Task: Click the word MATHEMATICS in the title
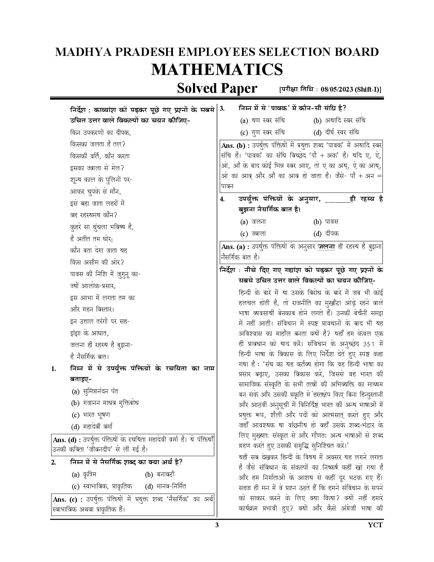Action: point(217,69)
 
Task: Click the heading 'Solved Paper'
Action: point(217,89)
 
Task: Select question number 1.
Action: point(53,369)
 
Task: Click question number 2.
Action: point(53,463)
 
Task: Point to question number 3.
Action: point(222,109)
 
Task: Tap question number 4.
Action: point(222,200)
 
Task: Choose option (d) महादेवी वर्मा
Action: point(92,426)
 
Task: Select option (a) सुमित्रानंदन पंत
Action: point(95,391)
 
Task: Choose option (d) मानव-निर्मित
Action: point(165,486)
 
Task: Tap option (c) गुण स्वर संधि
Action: point(262,132)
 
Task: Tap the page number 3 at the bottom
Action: point(217,525)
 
